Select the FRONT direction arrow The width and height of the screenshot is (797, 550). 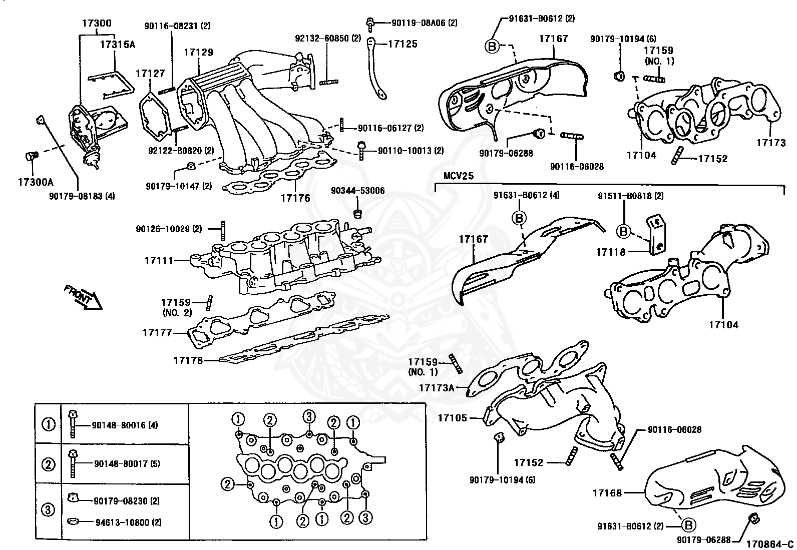(x=83, y=298)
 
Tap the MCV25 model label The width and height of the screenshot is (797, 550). (x=459, y=177)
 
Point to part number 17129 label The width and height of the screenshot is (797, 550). (x=198, y=52)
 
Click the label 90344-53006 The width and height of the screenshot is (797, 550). (x=358, y=191)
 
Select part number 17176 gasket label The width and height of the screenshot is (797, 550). (x=295, y=198)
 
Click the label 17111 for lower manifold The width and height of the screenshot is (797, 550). (x=159, y=261)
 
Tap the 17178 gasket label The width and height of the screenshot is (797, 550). (x=188, y=360)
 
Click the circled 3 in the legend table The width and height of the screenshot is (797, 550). (x=48, y=510)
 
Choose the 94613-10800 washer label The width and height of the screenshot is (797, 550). (x=128, y=522)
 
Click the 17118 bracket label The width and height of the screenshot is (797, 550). (x=610, y=252)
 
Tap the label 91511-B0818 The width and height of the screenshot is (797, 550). (x=630, y=196)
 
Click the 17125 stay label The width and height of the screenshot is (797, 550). (x=403, y=45)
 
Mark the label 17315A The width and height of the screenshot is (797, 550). (x=117, y=45)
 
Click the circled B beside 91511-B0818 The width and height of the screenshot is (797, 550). (x=623, y=232)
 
